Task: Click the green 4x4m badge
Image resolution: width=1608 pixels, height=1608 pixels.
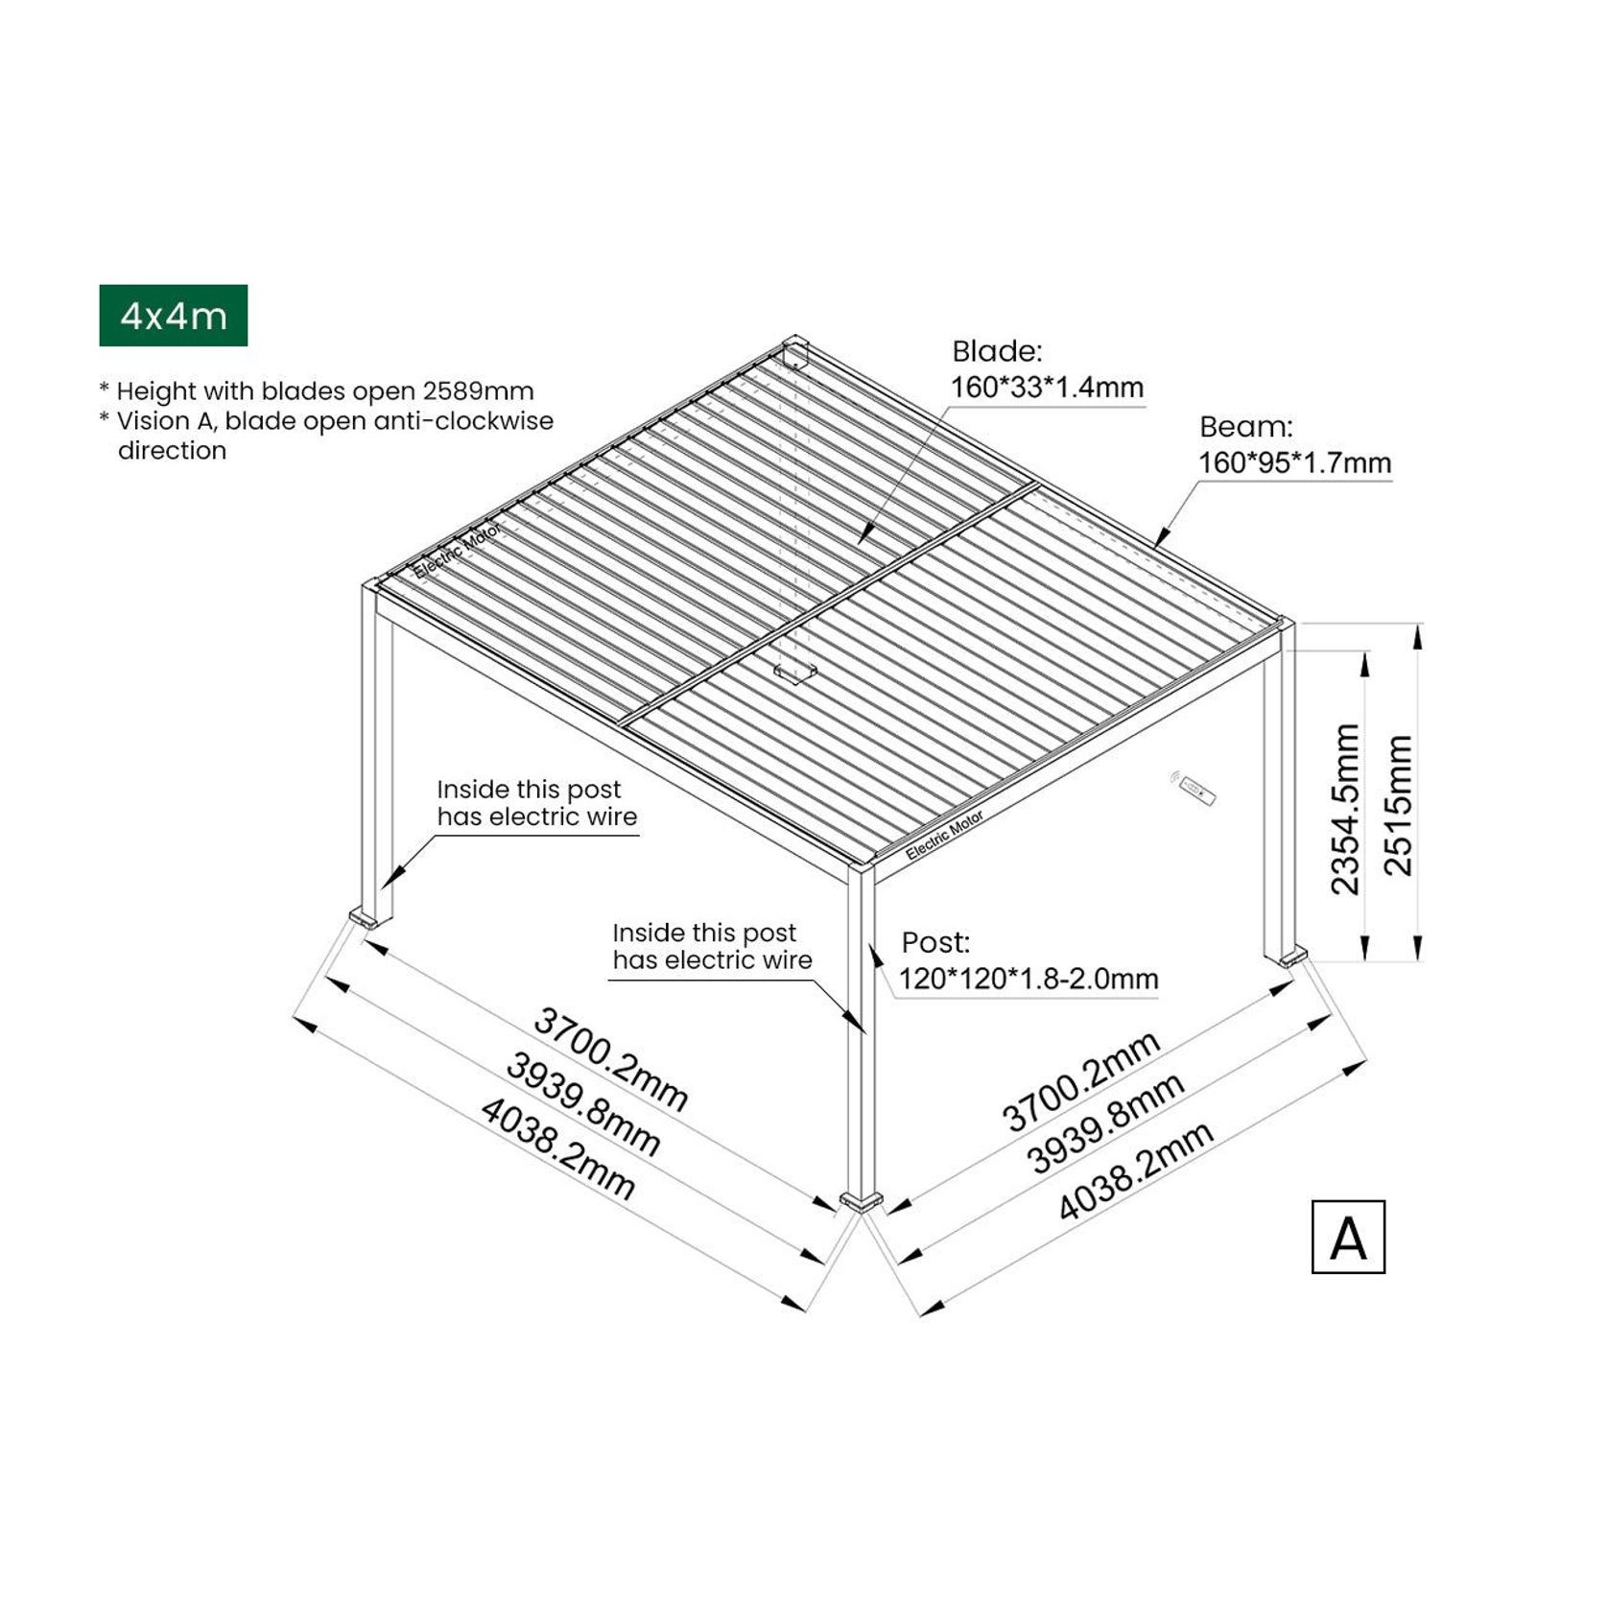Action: pos(173,315)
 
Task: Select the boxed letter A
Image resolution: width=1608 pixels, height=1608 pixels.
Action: pos(1348,1237)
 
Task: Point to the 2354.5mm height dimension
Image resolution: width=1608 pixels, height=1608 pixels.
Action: pos(1346,809)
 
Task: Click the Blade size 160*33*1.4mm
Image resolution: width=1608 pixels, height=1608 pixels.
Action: pos(1047,388)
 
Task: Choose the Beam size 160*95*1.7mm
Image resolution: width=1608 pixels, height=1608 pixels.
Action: pos(1294,462)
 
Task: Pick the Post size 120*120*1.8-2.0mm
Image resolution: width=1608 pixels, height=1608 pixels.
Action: pos(1029,979)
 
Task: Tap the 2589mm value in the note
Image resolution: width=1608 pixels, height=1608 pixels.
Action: pos(478,391)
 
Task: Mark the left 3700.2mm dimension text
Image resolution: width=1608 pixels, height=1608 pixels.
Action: pos(610,1058)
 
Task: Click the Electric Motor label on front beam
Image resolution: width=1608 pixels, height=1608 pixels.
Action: pos(944,835)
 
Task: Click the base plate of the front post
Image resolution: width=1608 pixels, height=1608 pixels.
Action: pos(861,1201)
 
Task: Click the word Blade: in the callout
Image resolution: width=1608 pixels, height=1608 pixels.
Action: pos(997,351)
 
